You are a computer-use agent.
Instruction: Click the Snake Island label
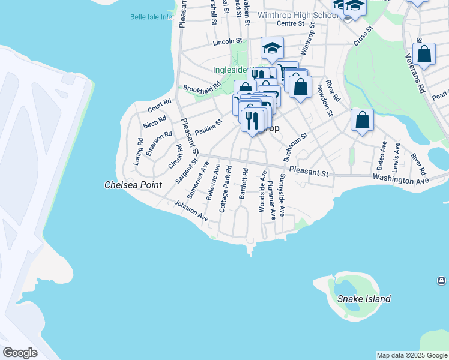(x=364, y=299)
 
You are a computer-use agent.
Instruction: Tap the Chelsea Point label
(x=133, y=185)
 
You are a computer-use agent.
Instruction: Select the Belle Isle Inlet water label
(x=152, y=17)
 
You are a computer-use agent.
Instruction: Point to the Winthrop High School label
(x=294, y=15)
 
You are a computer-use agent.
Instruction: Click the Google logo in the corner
(x=20, y=353)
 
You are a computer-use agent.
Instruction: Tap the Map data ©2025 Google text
(x=412, y=355)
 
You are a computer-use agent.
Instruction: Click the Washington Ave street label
(x=400, y=179)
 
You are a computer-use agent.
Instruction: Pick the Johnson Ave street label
(x=191, y=211)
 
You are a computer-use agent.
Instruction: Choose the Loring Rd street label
(x=138, y=152)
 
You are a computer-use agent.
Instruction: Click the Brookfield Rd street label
(x=202, y=89)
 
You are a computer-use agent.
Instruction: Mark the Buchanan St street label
(x=295, y=147)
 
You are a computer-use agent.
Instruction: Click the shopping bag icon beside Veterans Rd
(x=424, y=55)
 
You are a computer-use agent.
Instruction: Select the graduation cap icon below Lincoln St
(x=272, y=48)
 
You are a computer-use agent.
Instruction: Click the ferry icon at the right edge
(x=441, y=281)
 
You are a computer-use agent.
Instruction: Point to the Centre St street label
(x=291, y=24)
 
